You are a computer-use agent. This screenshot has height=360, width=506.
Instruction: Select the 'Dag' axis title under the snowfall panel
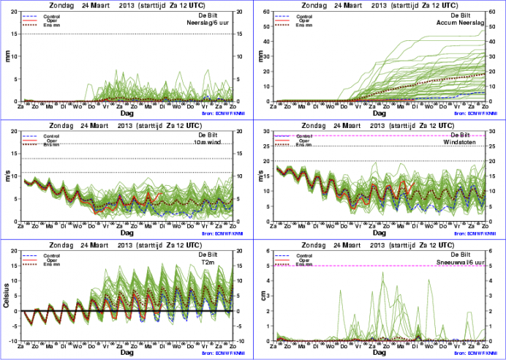[379, 353]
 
